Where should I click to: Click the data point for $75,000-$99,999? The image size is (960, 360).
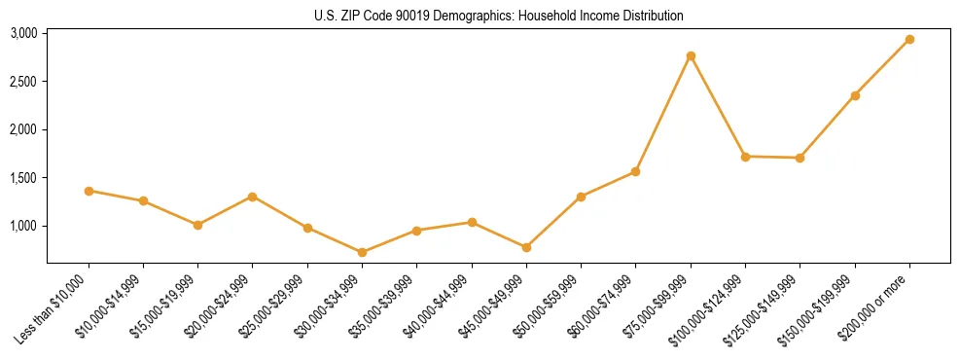[x=691, y=55]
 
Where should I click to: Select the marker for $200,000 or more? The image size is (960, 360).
[x=909, y=39]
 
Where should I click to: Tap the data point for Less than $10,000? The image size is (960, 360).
[x=89, y=191]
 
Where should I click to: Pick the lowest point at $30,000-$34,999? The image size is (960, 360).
[x=362, y=252]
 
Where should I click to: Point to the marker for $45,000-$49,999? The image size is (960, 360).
[x=526, y=247]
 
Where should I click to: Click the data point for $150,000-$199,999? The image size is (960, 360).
[x=855, y=95]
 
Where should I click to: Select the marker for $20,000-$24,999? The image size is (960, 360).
[x=253, y=197]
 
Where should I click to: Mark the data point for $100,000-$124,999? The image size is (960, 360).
[x=745, y=156]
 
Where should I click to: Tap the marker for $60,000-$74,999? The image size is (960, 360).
[x=636, y=171]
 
